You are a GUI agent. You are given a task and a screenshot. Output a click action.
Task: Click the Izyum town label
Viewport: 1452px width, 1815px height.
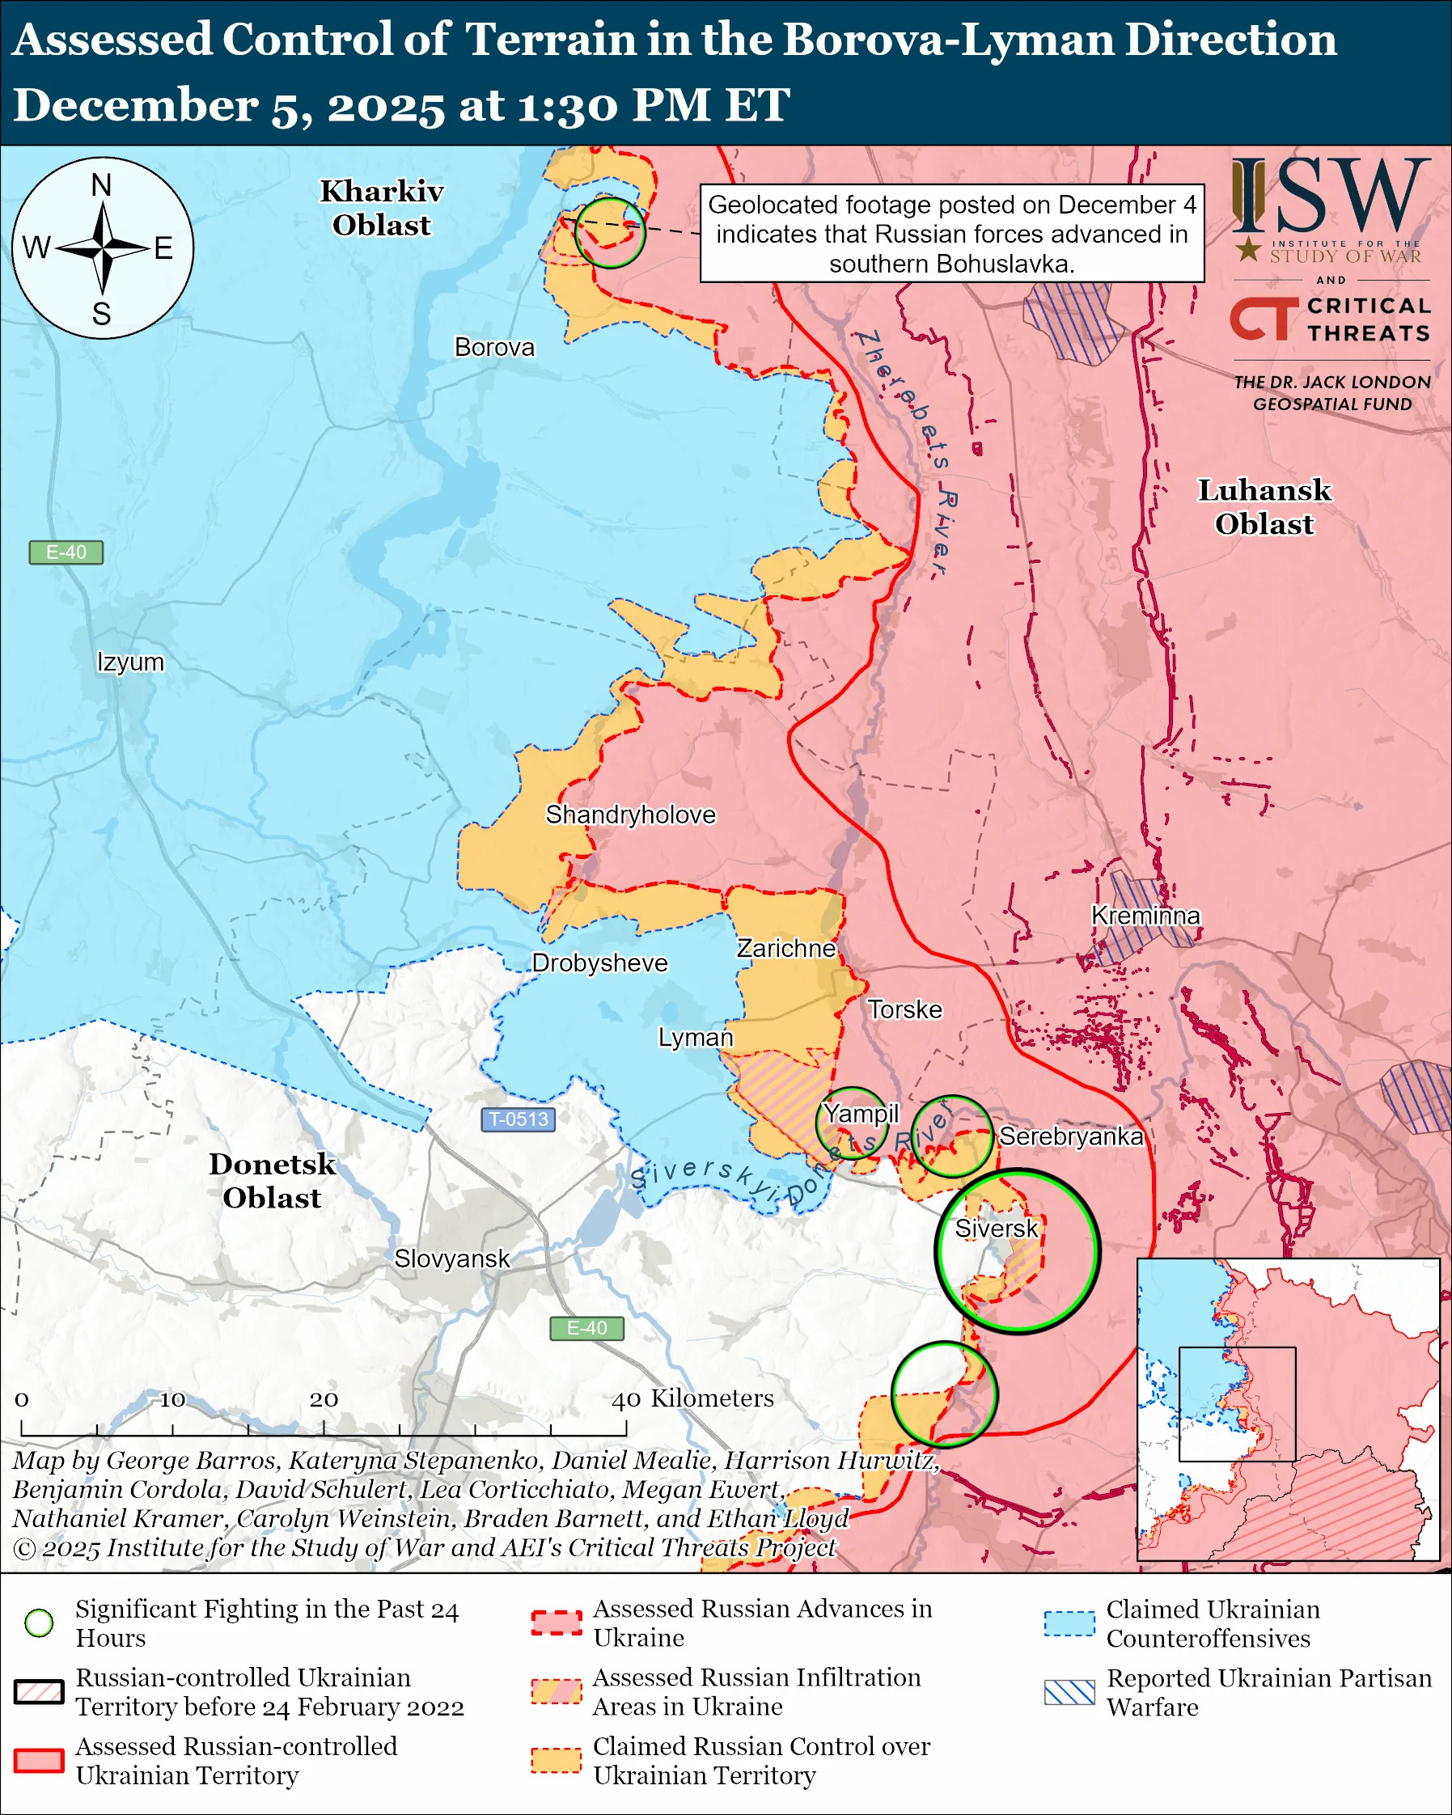[130, 662]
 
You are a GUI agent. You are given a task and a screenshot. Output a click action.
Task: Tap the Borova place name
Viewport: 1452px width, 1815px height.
[494, 347]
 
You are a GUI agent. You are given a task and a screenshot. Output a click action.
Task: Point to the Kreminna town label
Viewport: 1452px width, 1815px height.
[1145, 915]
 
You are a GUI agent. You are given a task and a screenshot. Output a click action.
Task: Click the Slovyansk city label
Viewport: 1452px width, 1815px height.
[452, 1259]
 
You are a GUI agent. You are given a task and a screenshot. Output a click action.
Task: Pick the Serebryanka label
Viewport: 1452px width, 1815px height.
[1071, 1136]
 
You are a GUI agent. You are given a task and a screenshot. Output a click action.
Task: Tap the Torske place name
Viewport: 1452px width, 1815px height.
[905, 1009]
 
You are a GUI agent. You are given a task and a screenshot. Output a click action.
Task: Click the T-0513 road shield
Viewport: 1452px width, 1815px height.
[519, 1119]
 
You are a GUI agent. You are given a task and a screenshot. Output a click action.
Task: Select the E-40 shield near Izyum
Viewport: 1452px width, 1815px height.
[66, 552]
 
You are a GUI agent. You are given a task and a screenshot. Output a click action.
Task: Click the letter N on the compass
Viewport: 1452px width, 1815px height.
[101, 184]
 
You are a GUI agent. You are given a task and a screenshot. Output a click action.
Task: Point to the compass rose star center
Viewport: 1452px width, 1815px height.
[103, 248]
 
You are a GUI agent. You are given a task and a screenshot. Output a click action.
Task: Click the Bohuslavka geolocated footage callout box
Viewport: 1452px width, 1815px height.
[951, 234]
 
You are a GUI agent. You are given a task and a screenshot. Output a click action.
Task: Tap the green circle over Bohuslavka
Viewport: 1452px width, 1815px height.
[609, 233]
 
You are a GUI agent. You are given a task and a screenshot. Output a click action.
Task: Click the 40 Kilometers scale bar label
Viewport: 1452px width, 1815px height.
[692, 1398]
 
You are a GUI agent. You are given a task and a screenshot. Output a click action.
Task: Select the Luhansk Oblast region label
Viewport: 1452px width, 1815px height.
[1264, 507]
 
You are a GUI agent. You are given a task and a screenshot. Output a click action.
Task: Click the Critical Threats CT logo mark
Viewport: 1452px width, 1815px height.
[1264, 318]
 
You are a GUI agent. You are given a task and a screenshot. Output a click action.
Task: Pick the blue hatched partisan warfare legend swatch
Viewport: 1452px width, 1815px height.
[1069, 1692]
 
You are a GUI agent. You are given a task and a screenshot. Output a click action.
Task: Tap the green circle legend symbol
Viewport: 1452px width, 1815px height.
[39, 1623]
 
